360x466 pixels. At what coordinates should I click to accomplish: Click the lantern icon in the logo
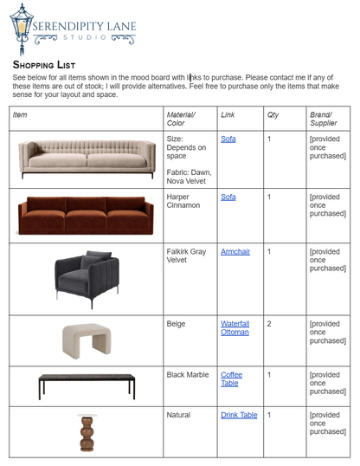click(22, 29)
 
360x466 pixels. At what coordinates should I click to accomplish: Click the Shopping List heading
click(44, 65)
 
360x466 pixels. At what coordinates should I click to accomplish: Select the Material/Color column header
click(181, 119)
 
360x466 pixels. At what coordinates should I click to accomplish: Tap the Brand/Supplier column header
click(324, 119)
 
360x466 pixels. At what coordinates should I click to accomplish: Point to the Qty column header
click(273, 114)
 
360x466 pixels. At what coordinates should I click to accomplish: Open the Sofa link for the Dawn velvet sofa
click(228, 139)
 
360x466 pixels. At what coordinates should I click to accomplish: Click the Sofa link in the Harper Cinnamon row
click(228, 197)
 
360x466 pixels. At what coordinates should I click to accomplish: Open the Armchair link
click(235, 251)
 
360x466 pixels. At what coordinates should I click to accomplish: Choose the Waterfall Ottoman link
click(235, 328)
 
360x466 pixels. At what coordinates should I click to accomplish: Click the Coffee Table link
click(230, 379)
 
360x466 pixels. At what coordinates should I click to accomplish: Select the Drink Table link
click(239, 415)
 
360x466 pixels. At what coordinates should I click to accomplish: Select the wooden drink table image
click(86, 432)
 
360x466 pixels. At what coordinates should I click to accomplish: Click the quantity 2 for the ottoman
click(270, 323)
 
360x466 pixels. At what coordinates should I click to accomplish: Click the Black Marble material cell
click(188, 374)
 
